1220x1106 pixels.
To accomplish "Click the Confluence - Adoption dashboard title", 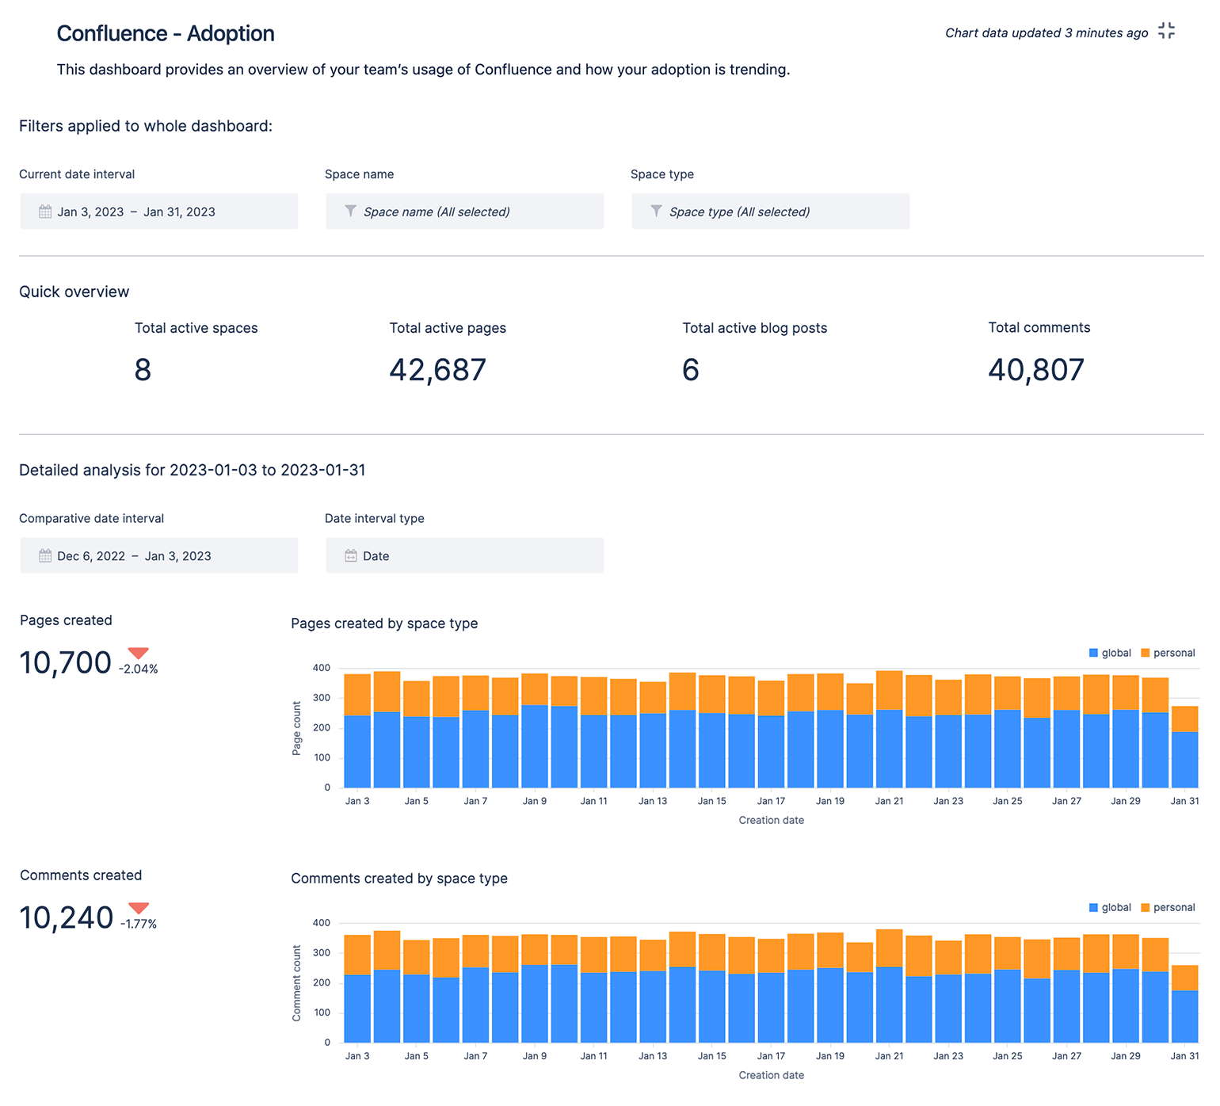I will (166, 33).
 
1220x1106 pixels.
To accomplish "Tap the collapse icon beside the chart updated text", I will (1166, 31).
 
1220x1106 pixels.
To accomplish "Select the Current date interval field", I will (158, 212).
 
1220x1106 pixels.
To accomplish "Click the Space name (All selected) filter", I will (464, 212).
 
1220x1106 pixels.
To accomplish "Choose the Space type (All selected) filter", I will (770, 212).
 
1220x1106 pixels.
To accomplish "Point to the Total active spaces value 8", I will (143, 370).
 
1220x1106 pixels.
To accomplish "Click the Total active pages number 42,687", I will (437, 370).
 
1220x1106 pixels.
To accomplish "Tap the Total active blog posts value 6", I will (691, 370).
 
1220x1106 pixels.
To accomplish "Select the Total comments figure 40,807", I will (1036, 370).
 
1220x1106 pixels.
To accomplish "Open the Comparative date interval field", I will (158, 555).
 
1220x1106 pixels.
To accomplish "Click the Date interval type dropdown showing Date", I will (464, 555).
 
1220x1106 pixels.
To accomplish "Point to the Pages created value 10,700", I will (65, 663).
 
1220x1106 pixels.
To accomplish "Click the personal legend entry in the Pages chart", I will (1168, 653).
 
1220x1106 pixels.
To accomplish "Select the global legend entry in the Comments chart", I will (1110, 907).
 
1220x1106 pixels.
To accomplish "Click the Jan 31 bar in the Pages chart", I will (1184, 749).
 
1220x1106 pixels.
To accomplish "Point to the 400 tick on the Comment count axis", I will (322, 923).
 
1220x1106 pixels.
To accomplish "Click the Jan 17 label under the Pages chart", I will (771, 801).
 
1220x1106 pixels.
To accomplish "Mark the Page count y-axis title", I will (297, 728).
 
